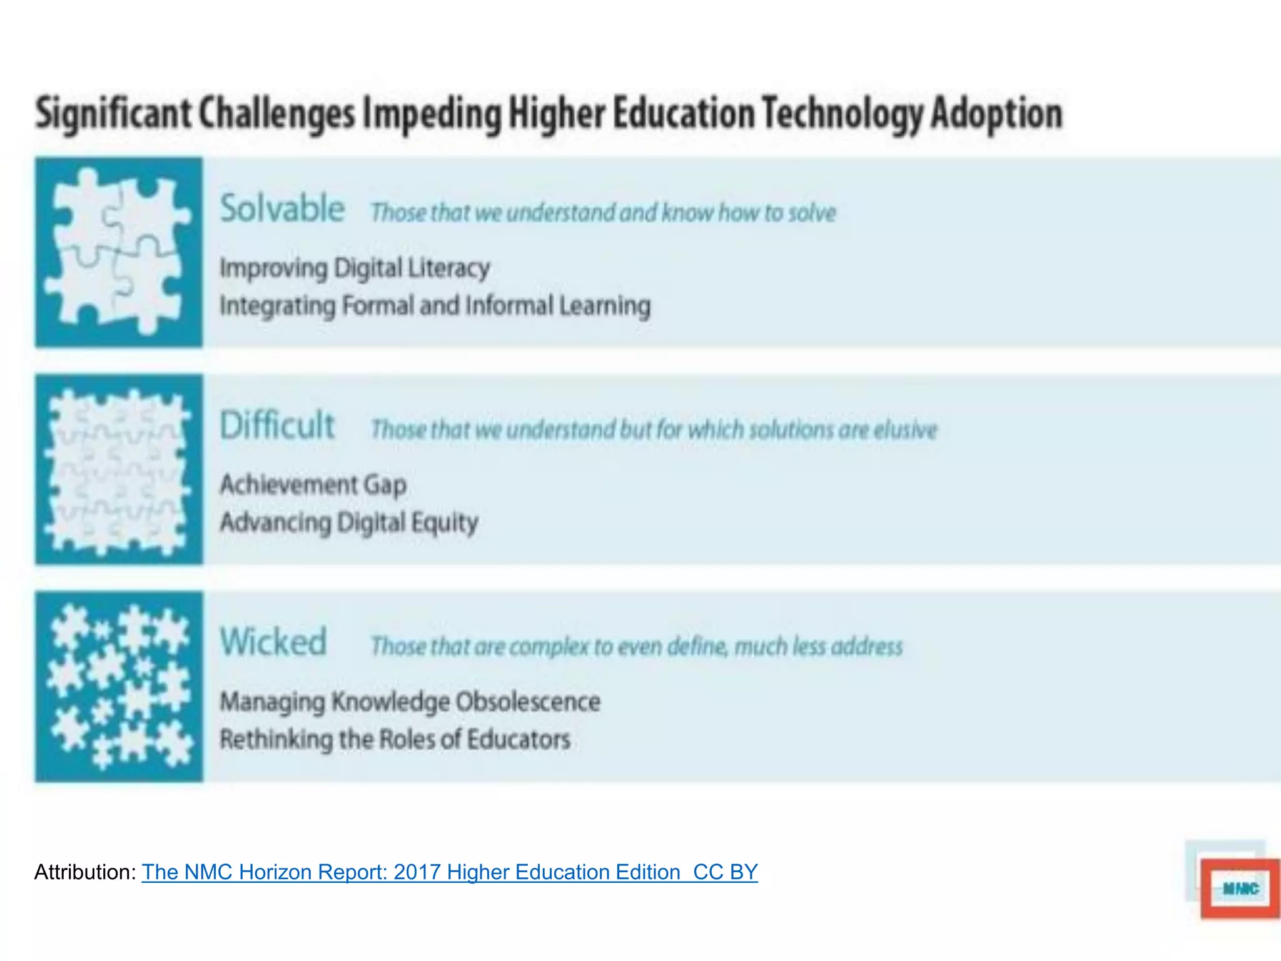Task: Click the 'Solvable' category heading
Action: [x=282, y=208]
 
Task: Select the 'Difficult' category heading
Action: [x=278, y=425]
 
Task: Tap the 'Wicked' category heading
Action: [x=273, y=642]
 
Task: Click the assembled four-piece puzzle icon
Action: [x=119, y=252]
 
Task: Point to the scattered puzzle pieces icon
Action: [x=119, y=686]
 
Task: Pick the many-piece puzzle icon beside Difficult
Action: [x=119, y=470]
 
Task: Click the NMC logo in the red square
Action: [x=1240, y=888]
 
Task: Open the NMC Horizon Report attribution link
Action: [x=449, y=872]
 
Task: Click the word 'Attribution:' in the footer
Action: [x=85, y=872]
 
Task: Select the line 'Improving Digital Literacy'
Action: [x=355, y=268]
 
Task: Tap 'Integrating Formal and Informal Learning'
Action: [x=435, y=306]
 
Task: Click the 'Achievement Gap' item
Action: [x=313, y=485]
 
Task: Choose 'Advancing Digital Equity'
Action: [x=349, y=522]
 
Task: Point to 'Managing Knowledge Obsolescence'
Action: [x=410, y=702]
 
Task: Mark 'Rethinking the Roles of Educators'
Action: [x=395, y=740]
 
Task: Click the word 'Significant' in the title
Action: [x=113, y=114]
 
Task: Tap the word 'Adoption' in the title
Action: [x=996, y=114]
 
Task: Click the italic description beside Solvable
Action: [x=603, y=213]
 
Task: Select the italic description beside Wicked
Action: [x=636, y=646]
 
